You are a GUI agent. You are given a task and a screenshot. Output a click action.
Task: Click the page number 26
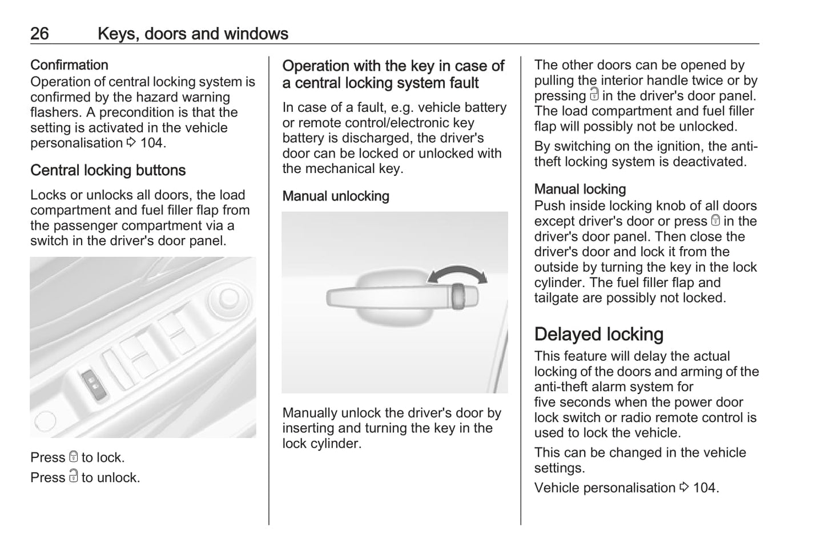click(39, 34)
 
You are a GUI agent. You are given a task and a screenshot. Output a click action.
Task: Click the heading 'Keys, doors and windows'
click(192, 34)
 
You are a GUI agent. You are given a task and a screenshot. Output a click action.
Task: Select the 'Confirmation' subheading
click(69, 65)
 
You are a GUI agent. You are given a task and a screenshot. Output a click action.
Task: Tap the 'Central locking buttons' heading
click(108, 170)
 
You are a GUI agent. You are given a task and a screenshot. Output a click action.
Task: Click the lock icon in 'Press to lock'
click(73, 457)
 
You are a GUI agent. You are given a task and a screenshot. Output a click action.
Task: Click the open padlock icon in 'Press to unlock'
click(73, 476)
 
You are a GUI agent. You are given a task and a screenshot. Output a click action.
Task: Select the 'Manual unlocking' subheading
click(336, 196)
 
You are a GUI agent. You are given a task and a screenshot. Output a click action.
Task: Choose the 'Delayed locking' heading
click(599, 334)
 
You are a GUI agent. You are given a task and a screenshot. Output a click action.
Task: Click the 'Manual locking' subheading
click(580, 189)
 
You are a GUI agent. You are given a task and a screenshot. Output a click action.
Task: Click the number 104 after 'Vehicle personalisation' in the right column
click(705, 488)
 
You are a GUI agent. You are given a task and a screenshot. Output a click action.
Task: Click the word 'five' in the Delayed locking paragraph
click(546, 402)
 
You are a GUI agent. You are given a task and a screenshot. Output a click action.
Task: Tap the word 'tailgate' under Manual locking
click(557, 297)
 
